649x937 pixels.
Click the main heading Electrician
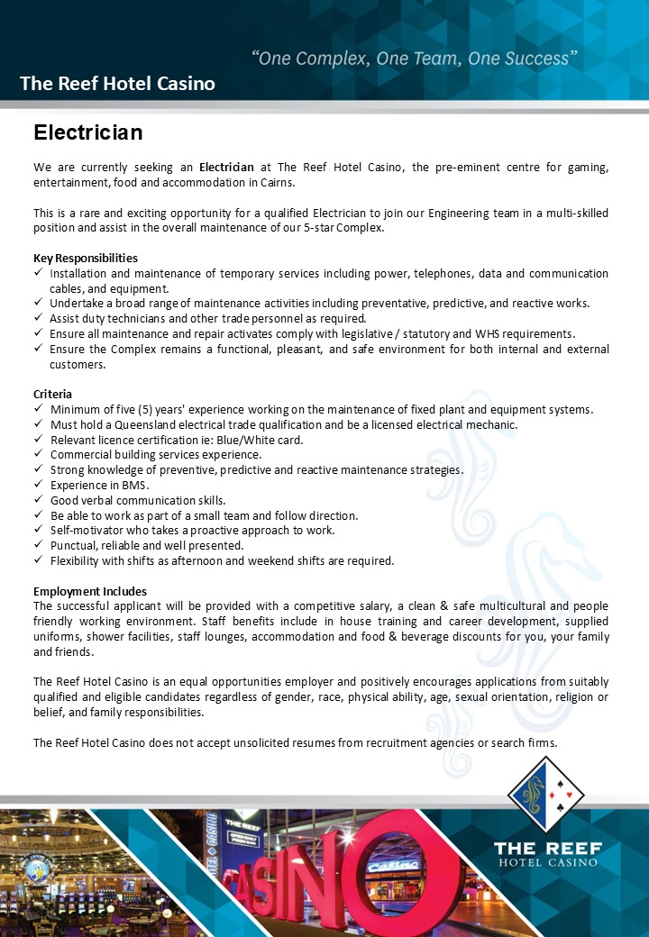pyautogui.click(x=88, y=133)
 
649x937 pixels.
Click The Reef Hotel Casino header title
pyautogui.click(x=117, y=84)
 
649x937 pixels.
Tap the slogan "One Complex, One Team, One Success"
pyautogui.click(x=414, y=59)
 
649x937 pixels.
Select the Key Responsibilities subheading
pyautogui.click(x=86, y=258)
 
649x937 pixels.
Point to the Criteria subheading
pyautogui.click(x=52, y=394)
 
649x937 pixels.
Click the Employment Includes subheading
pyautogui.click(x=89, y=591)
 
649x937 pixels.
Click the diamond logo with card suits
pyautogui.click(x=546, y=794)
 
